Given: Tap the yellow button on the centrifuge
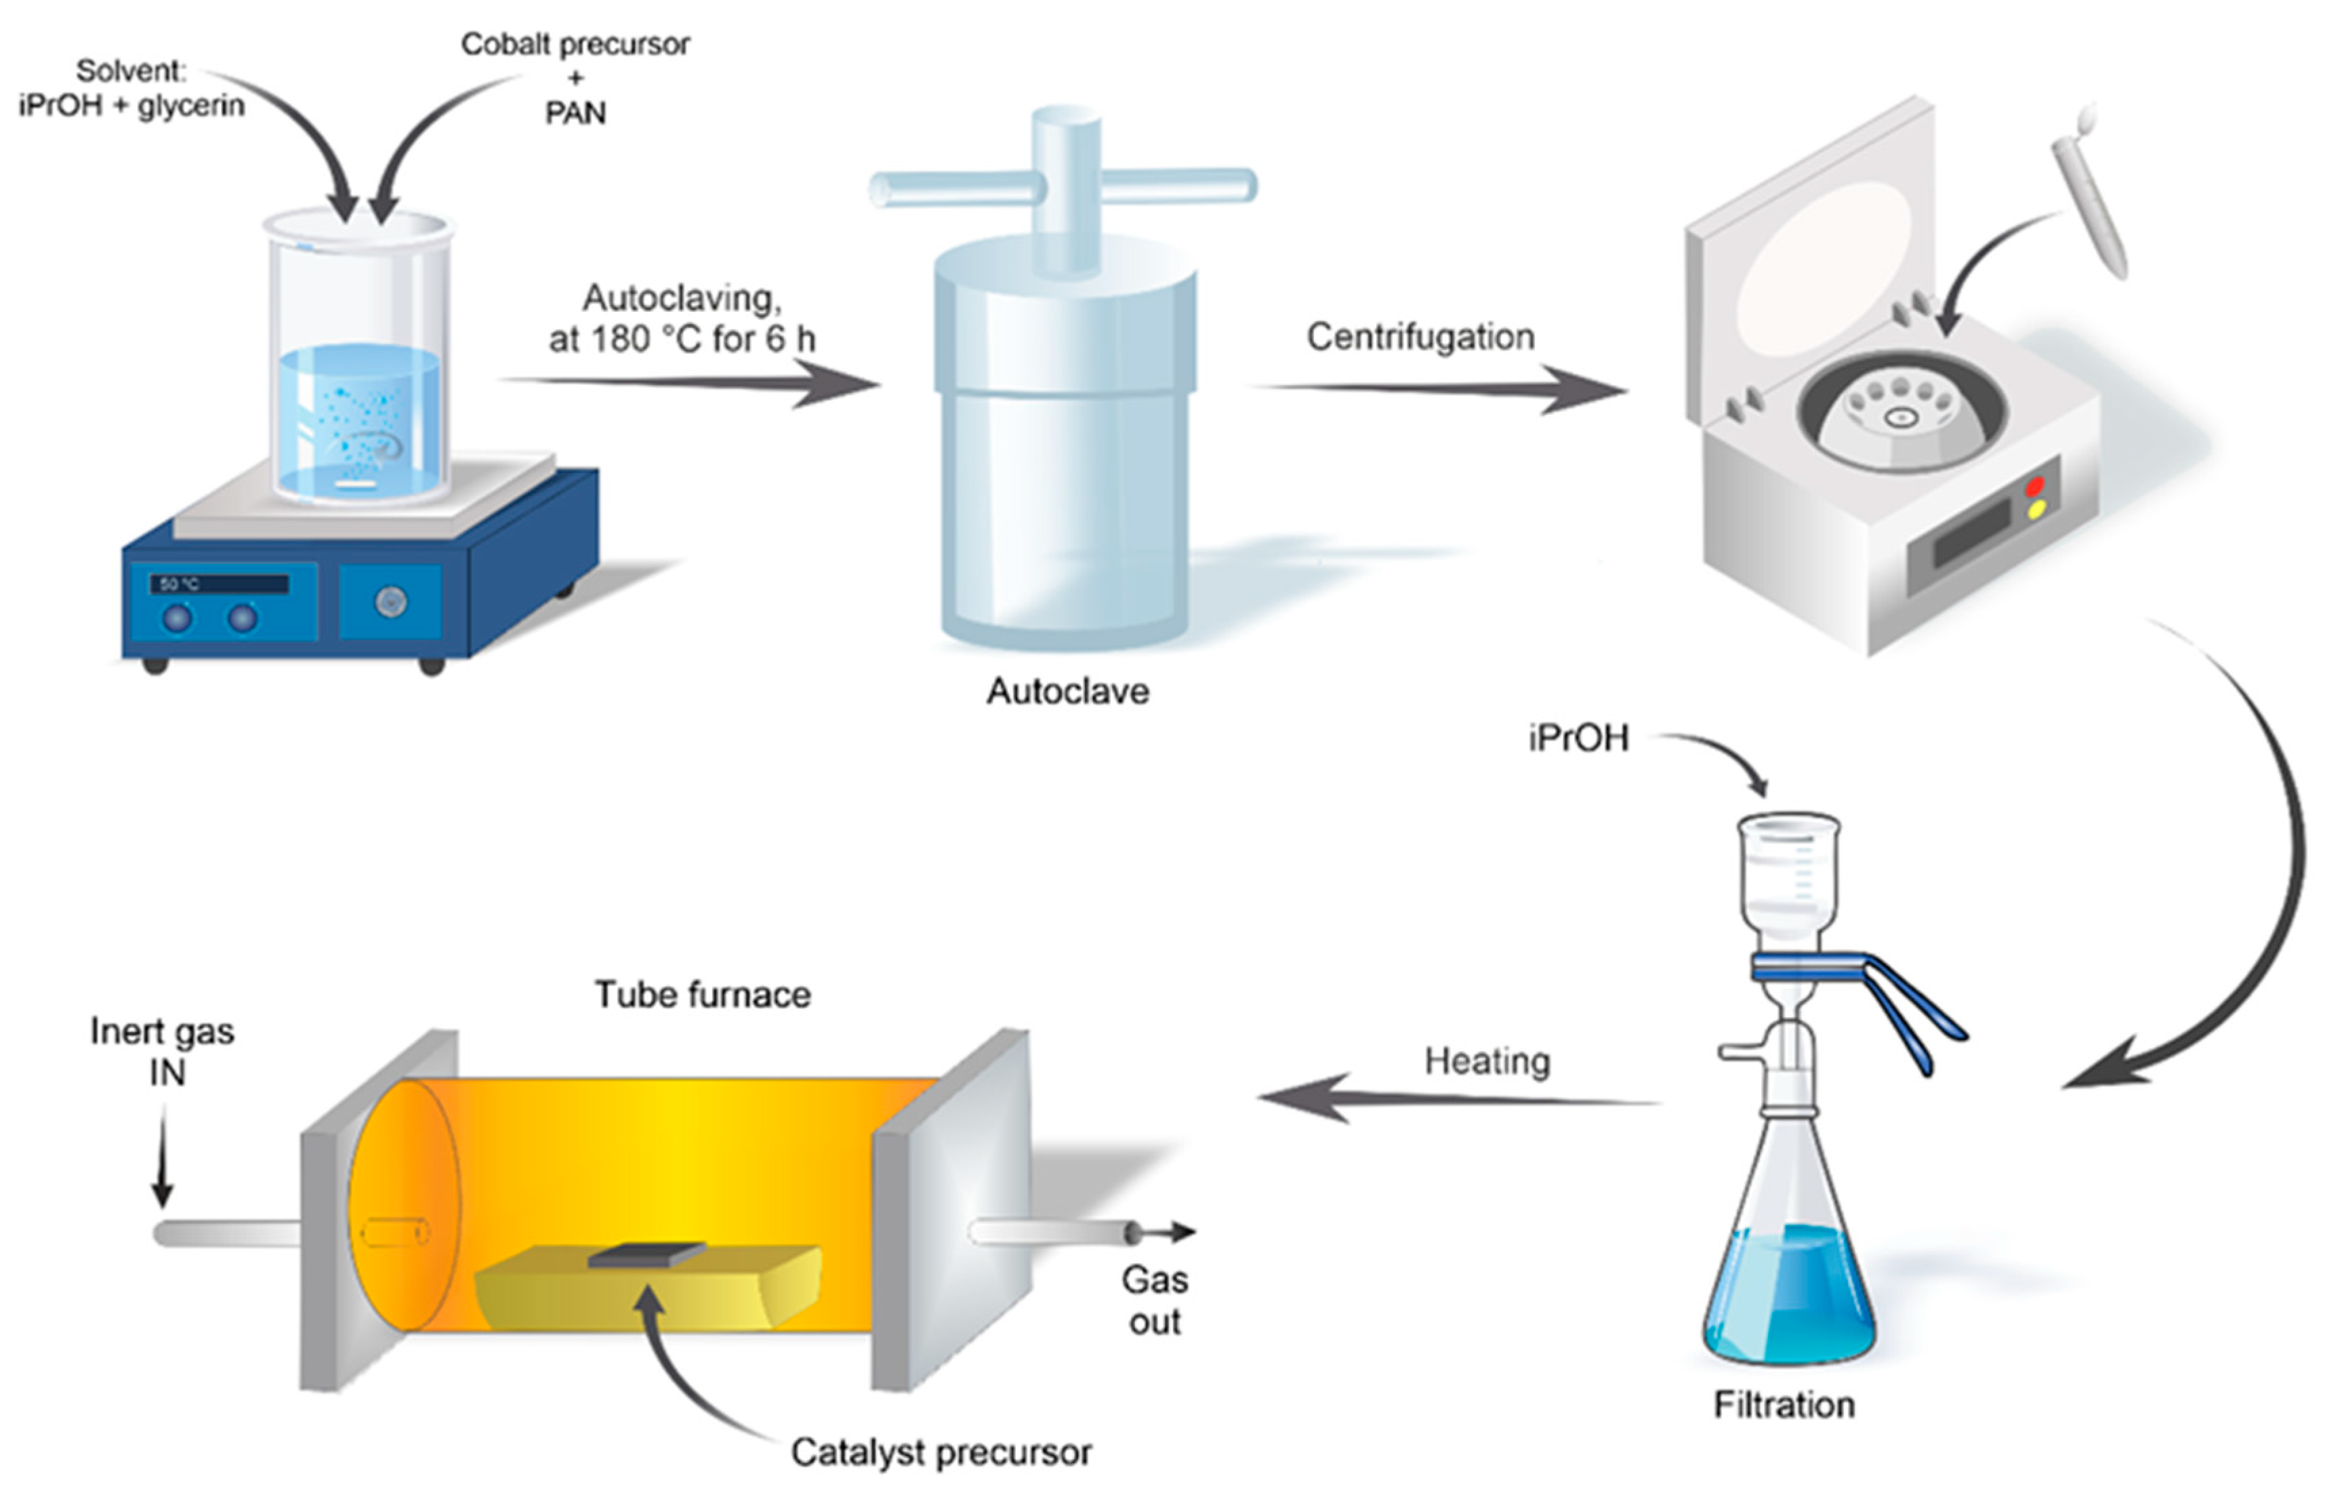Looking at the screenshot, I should [x=2035, y=510].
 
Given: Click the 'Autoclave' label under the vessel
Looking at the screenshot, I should [x=1067, y=691].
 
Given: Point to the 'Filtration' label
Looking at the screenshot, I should [x=1784, y=1405].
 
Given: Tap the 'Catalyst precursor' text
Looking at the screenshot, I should [x=941, y=1452].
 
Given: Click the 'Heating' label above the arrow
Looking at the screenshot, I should [x=1486, y=1061].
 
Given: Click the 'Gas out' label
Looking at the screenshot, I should [x=1154, y=1300].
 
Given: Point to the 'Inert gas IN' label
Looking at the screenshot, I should [x=163, y=1050].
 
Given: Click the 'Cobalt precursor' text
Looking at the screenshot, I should [x=575, y=44].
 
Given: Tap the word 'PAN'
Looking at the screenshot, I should [x=575, y=113].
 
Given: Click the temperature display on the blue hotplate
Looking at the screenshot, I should [x=220, y=584].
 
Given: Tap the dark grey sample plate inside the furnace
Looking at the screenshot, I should [x=646, y=1254].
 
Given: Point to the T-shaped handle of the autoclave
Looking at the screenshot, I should [x=1065, y=185].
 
